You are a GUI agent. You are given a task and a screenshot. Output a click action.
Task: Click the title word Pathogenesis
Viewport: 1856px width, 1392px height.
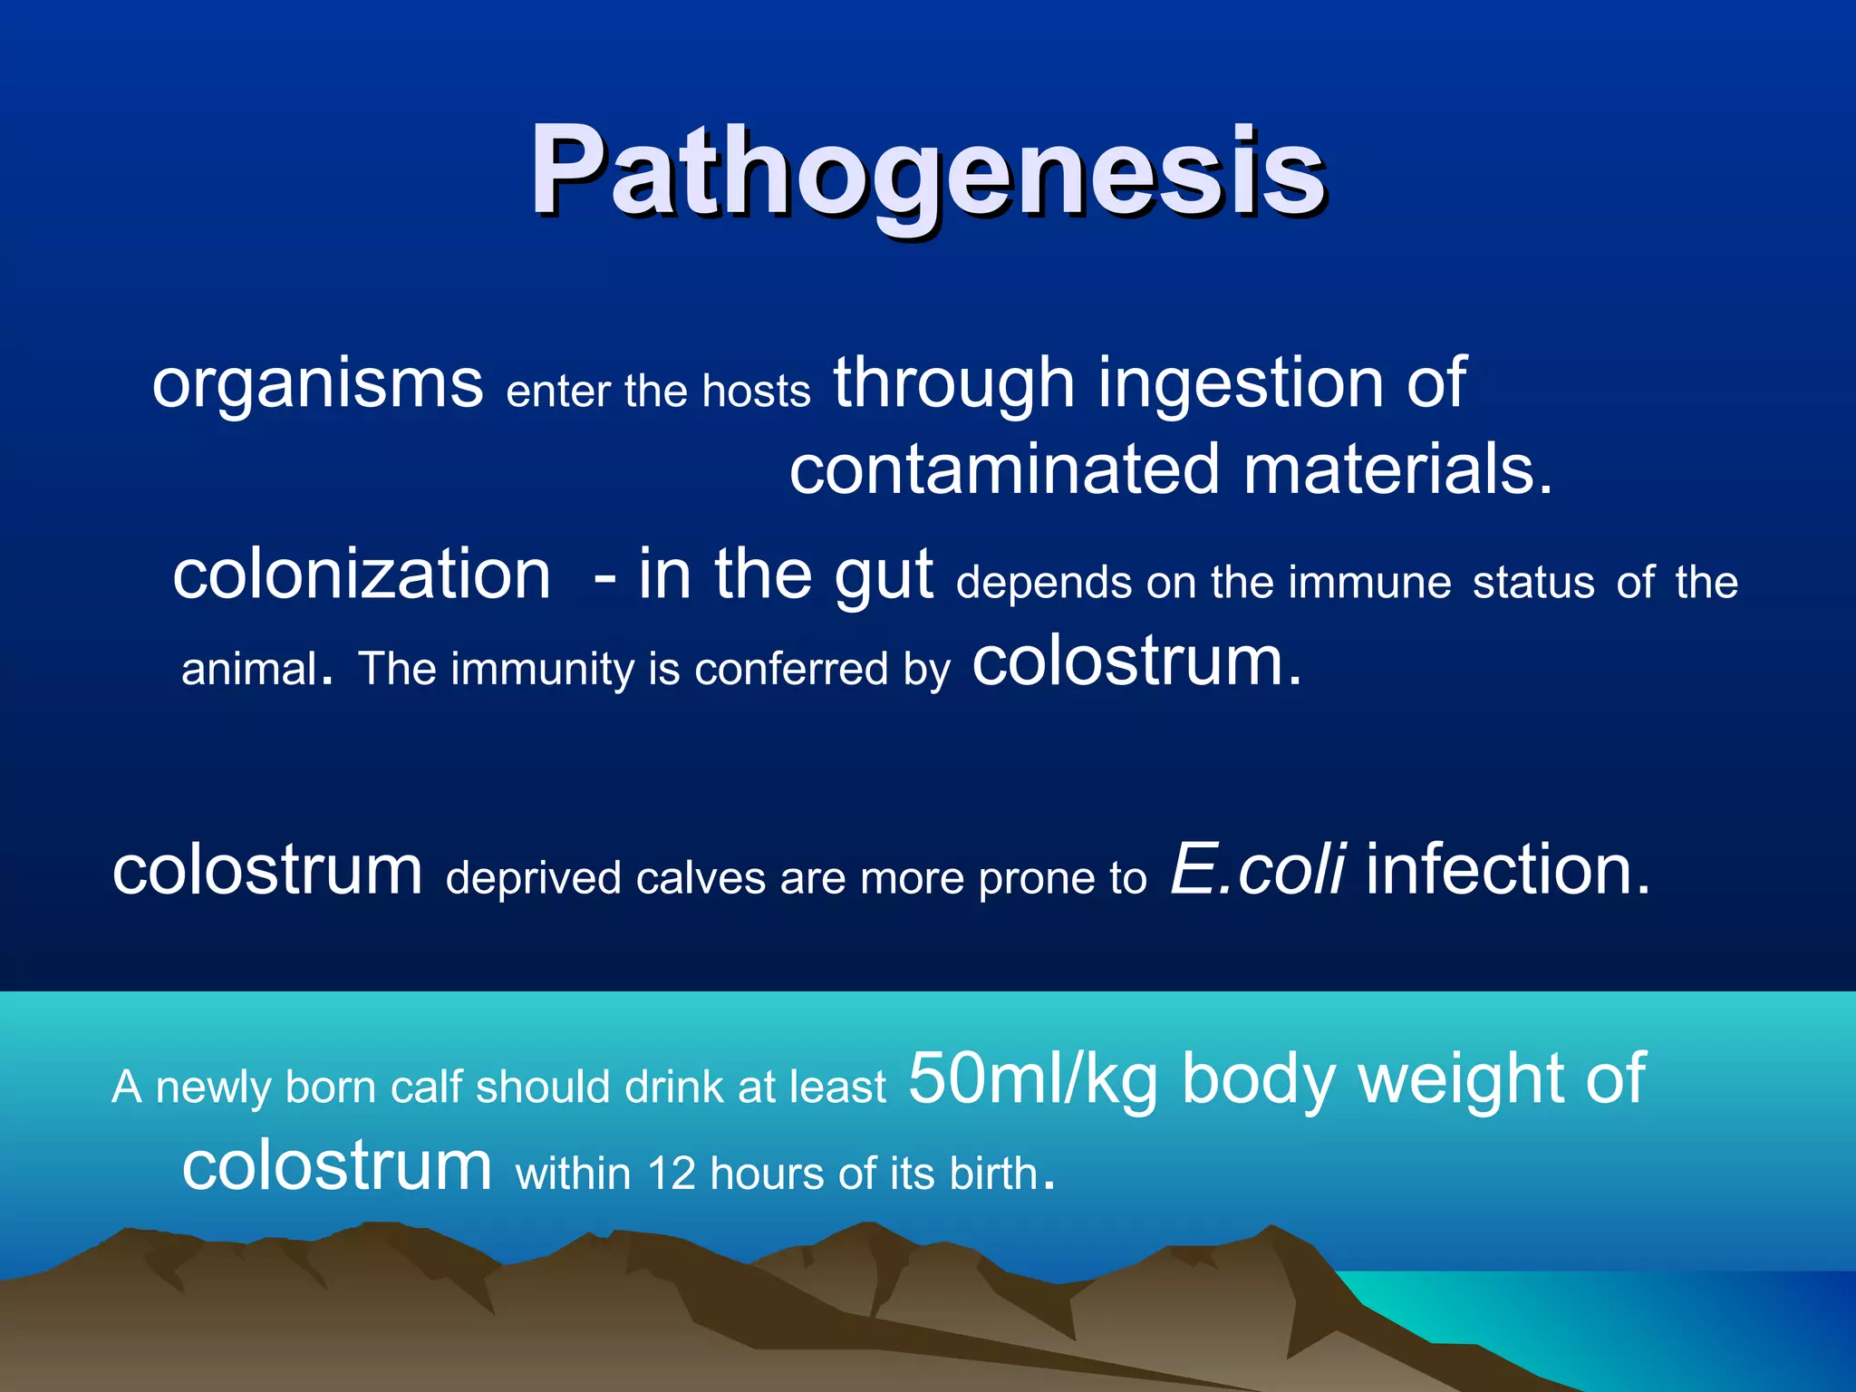(928, 172)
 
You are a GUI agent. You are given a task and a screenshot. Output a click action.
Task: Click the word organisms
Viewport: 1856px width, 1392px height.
(317, 384)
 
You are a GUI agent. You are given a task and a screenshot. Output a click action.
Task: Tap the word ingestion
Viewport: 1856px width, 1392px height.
(1241, 384)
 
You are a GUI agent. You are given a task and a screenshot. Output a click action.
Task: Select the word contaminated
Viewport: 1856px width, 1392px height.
(1004, 471)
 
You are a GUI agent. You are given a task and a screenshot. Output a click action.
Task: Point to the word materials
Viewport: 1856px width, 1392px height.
(1397, 471)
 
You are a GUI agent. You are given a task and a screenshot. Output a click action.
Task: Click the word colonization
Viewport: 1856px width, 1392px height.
(362, 575)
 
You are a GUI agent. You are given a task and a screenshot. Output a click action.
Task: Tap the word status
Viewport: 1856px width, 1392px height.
(1533, 582)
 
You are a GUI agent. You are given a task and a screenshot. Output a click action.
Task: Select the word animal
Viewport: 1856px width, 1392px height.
(249, 669)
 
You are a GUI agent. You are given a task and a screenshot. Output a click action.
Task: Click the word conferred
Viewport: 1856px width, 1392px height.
(791, 669)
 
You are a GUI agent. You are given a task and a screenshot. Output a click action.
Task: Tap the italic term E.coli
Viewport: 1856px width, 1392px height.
(1258, 870)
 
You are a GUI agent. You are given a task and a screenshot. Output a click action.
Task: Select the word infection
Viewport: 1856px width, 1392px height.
(1507, 870)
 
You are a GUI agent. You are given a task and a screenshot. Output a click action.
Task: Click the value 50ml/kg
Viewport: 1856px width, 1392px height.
(1033, 1080)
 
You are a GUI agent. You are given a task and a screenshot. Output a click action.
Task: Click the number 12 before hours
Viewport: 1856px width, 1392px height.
(671, 1174)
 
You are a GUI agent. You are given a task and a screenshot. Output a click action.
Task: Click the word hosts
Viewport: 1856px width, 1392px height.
(756, 391)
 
